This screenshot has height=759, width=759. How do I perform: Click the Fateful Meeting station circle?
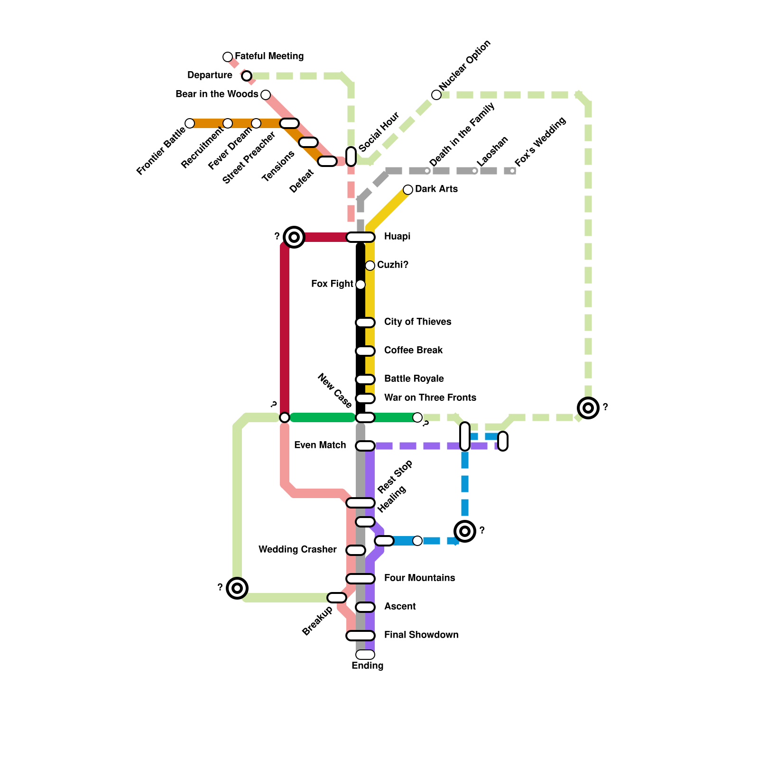click(x=228, y=57)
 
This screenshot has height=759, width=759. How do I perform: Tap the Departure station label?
click(x=210, y=75)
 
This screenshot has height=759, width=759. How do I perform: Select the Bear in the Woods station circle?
click(x=266, y=95)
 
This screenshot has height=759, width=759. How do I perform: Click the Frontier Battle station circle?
click(x=190, y=123)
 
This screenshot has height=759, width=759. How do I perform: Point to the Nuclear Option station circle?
click(x=436, y=95)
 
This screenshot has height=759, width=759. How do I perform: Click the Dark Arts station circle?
click(x=408, y=190)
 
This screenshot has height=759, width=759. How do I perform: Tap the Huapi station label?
click(x=397, y=236)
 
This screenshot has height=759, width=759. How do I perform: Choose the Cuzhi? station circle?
click(x=370, y=266)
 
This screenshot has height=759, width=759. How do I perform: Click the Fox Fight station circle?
click(x=361, y=285)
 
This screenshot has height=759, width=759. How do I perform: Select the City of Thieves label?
click(x=417, y=322)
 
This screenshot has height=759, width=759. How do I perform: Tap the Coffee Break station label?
click(x=413, y=350)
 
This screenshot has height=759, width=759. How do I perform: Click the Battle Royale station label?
click(x=414, y=379)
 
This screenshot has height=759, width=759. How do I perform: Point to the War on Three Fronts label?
click(x=430, y=398)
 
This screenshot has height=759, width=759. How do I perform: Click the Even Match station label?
click(x=320, y=445)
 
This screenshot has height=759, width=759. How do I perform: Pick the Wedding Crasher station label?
click(x=297, y=549)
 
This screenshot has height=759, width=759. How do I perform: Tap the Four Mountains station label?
click(x=419, y=578)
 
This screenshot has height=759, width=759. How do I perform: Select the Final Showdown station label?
click(x=421, y=635)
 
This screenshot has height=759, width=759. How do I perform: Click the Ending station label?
click(x=367, y=666)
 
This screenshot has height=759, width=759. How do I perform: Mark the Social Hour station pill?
click(x=351, y=157)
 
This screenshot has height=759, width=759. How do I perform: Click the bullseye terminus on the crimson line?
click(x=294, y=237)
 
